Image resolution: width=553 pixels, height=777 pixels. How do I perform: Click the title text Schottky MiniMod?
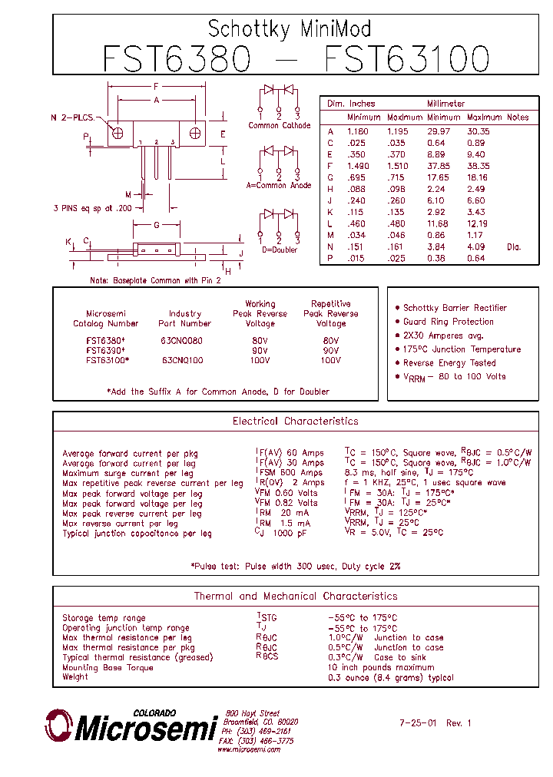point(290,29)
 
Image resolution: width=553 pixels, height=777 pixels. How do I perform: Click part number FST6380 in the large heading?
point(176,59)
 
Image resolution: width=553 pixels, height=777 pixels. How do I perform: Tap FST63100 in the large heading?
point(407,59)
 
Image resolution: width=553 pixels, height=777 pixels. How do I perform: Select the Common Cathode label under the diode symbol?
point(280,125)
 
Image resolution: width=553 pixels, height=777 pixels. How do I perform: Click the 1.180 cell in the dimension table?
point(358,131)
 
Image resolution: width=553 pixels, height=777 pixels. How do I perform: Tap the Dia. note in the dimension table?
point(513,246)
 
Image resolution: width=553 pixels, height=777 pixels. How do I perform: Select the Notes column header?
point(518,117)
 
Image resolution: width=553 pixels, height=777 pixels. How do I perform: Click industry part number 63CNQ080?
point(183,340)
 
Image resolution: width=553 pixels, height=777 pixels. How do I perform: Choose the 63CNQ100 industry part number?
point(183,360)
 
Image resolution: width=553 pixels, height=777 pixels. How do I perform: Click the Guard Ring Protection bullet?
point(449,322)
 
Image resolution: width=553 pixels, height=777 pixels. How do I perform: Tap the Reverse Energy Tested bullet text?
point(449,363)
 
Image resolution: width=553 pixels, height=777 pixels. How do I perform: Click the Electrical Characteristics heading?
point(295,422)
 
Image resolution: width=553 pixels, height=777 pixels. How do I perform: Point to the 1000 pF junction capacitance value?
point(289,534)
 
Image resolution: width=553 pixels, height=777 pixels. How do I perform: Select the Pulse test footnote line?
point(295,567)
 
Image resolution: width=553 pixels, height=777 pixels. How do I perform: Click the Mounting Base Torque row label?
point(108,668)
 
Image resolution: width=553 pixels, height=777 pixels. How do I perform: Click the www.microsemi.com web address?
point(249,750)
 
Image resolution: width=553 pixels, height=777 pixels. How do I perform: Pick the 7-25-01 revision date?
point(418,723)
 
